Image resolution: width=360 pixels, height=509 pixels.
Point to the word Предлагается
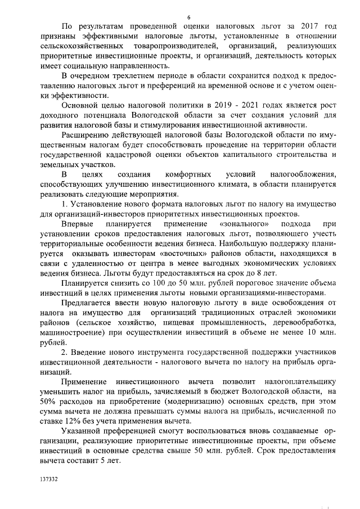tap(89, 303)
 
